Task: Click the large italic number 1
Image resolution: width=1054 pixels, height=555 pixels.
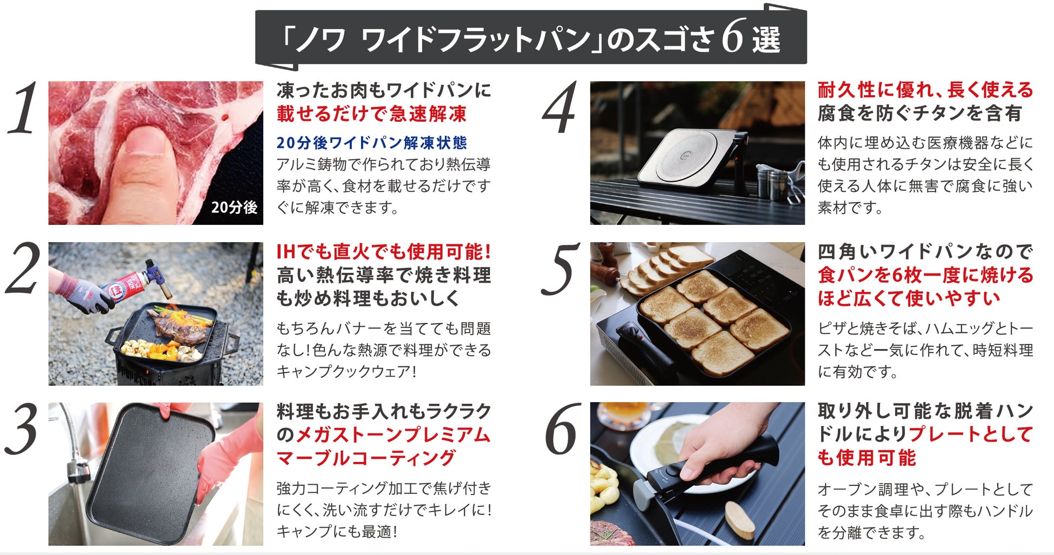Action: [23, 108]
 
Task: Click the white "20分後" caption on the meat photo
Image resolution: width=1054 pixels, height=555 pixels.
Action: [234, 207]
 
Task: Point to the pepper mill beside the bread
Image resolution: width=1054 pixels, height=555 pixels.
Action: [605, 265]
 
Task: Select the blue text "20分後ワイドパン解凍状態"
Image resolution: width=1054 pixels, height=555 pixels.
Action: [372, 143]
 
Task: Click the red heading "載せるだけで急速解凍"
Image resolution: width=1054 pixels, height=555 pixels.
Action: [372, 114]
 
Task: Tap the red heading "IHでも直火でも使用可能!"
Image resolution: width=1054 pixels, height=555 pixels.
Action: [384, 252]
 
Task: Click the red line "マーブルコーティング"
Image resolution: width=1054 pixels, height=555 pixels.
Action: [366, 458]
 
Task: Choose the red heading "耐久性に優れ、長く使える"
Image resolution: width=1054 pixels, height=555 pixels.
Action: [925, 90]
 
